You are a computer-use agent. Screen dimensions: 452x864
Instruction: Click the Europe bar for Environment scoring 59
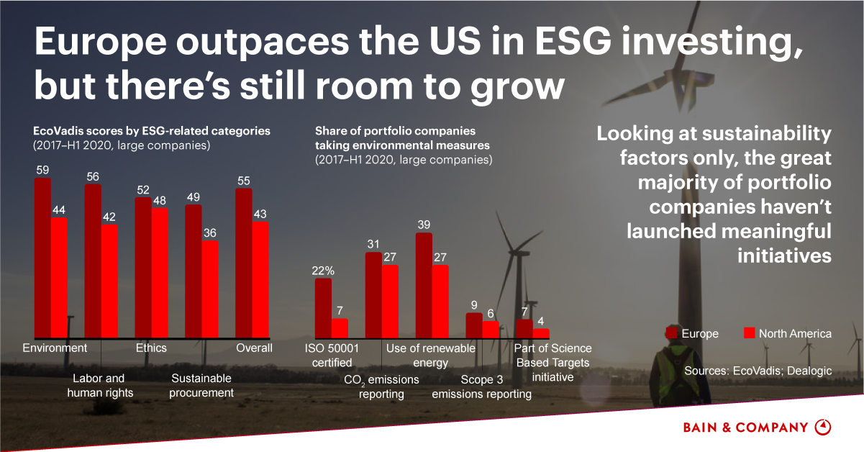click(42, 258)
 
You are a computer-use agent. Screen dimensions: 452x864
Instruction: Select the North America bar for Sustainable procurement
click(209, 289)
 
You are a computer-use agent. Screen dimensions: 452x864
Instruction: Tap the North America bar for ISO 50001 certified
click(340, 328)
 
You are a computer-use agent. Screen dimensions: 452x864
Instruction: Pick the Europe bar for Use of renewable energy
click(424, 285)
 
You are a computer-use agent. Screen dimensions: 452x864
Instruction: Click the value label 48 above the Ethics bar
click(160, 201)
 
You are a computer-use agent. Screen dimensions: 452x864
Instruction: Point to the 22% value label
click(323, 271)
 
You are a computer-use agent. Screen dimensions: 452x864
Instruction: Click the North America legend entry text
click(795, 333)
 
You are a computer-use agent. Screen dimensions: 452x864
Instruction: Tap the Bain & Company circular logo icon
click(822, 427)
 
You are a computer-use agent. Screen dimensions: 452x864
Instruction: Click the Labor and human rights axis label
click(100, 385)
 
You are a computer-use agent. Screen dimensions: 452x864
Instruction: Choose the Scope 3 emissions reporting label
click(481, 387)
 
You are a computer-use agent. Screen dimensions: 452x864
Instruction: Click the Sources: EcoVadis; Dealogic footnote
click(758, 371)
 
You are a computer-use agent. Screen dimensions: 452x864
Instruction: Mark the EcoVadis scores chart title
click(152, 131)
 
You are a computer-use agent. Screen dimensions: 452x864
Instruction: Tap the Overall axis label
click(255, 348)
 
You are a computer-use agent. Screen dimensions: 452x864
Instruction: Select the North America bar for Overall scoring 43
click(260, 279)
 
